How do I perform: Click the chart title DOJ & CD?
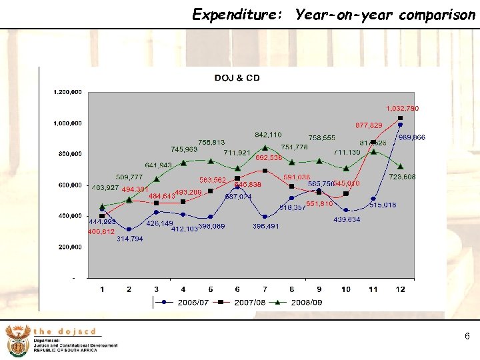tap(237, 78)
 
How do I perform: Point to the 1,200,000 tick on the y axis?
tap(67, 92)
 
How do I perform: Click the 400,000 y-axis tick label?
tap(69, 216)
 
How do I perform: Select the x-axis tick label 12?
tap(400, 289)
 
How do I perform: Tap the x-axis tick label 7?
tap(265, 289)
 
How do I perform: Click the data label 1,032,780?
tap(403, 108)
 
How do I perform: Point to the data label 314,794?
tap(130, 238)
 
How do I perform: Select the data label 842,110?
tap(268, 135)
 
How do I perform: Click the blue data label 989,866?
tap(411, 137)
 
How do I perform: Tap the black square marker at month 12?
tap(400, 119)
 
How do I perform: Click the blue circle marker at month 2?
tap(129, 229)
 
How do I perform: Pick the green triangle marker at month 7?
tap(265, 148)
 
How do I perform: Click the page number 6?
tap(467, 337)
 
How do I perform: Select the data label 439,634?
tap(347, 219)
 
